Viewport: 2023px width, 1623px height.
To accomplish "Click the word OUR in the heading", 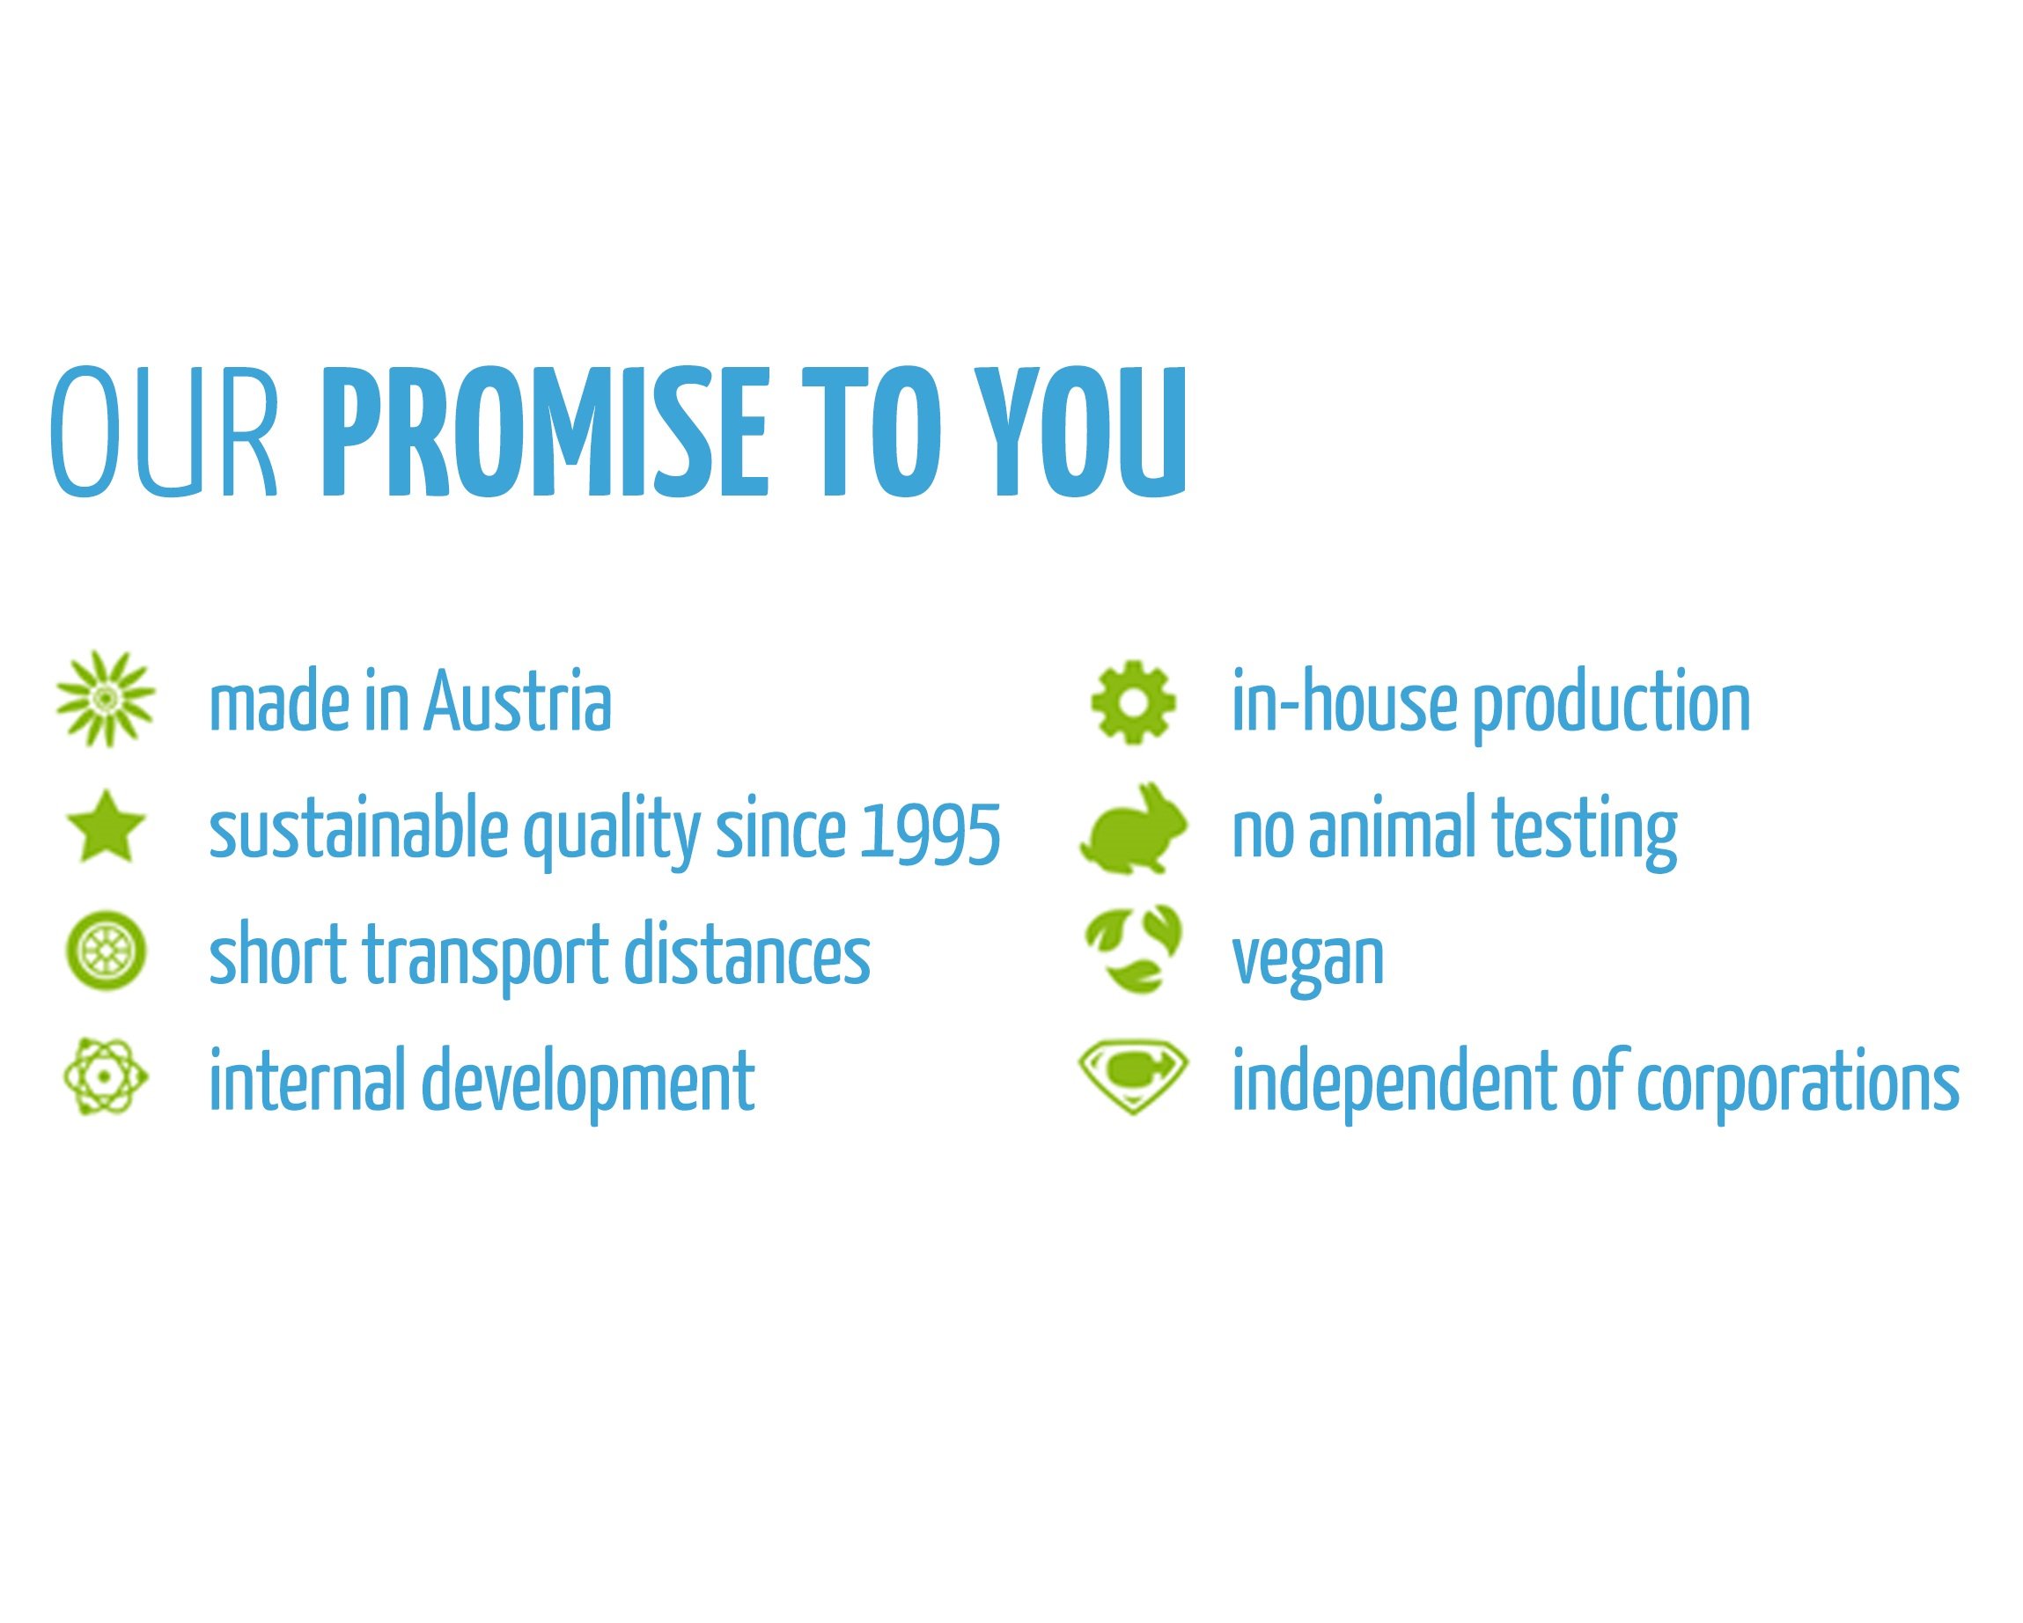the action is [165, 430].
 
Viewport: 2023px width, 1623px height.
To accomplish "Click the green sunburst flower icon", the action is [106, 699].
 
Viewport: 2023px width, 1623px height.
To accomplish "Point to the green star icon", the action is [106, 826].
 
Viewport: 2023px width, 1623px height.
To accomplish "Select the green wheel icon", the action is [106, 952].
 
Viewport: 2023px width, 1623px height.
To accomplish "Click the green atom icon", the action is [106, 1077].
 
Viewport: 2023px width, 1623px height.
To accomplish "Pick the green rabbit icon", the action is [1134, 828].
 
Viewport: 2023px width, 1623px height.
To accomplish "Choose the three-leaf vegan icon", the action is [1134, 949].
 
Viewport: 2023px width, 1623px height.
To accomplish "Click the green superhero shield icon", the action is [1134, 1079].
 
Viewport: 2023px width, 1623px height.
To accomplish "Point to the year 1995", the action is [930, 831].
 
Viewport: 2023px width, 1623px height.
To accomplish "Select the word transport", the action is [486, 958].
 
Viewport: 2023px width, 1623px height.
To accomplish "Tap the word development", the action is [587, 1083].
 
